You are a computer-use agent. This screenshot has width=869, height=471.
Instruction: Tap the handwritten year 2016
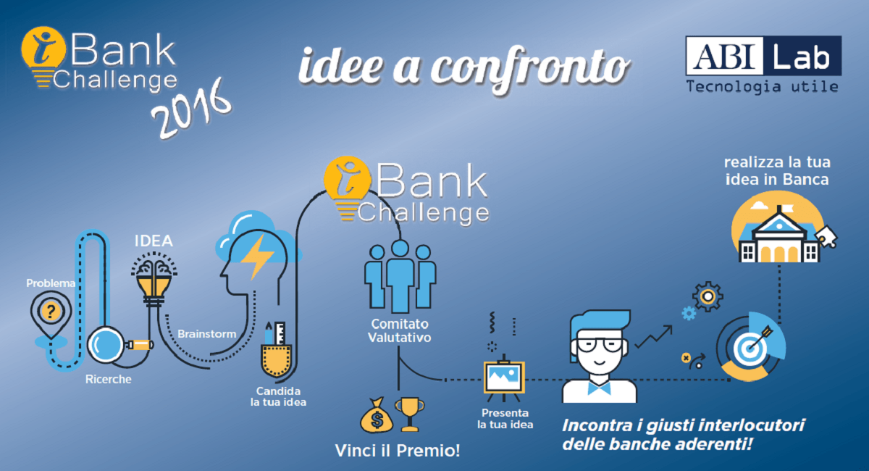tap(192, 109)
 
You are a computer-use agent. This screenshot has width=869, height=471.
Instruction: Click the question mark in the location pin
tap(51, 312)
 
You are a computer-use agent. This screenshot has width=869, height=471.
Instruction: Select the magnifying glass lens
tap(105, 345)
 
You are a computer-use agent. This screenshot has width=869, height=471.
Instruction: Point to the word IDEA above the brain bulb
tap(154, 241)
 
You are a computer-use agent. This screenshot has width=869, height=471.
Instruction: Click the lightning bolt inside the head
tap(258, 257)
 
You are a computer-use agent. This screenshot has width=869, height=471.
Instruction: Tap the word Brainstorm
tap(207, 334)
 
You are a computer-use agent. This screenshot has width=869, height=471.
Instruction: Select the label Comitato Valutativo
tap(400, 331)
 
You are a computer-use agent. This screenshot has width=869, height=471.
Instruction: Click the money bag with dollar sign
tap(377, 415)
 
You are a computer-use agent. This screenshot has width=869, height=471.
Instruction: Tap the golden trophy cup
tap(410, 414)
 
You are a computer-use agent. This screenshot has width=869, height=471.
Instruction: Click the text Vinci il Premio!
tap(398, 451)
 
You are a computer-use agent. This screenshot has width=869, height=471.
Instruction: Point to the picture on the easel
tap(504, 377)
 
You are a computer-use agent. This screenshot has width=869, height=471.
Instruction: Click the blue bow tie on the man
tap(600, 388)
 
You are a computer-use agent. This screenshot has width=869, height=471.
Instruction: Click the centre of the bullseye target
tap(750, 349)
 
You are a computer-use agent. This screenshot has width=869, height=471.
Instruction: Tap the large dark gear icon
tap(708, 297)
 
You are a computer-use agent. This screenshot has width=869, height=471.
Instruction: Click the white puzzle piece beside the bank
tap(826, 236)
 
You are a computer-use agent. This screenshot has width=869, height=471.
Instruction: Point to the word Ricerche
tap(108, 380)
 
